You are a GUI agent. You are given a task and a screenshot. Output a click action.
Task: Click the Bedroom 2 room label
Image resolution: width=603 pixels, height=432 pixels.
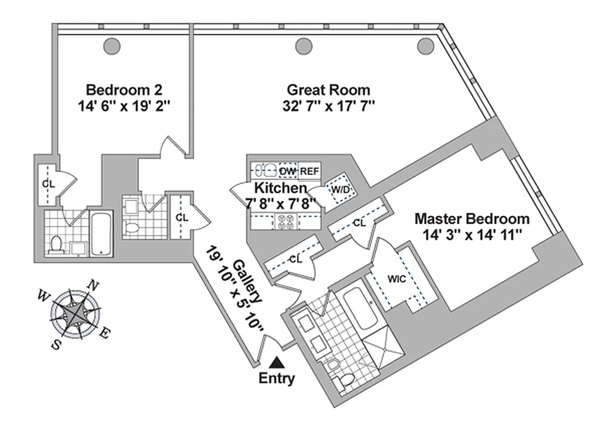coord(124,89)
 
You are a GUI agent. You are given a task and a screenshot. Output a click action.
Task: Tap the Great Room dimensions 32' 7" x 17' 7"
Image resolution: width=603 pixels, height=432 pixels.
coord(329,105)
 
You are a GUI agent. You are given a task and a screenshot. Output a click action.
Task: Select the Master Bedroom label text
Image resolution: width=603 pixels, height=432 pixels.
coord(472,219)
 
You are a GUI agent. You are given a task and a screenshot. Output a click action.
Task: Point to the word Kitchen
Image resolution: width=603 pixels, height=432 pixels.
coord(280,188)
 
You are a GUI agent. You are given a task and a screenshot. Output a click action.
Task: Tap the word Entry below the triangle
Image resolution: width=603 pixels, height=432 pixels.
coord(277,379)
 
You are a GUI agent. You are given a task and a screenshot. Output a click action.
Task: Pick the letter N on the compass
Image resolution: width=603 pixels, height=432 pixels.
coord(93,285)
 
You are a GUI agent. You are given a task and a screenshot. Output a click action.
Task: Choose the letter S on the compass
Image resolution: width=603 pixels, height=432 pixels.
coord(55,345)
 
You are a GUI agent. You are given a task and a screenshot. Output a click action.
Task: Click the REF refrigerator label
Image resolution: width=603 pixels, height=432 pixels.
coord(310,171)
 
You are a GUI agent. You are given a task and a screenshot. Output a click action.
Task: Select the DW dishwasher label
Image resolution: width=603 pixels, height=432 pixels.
coord(287,171)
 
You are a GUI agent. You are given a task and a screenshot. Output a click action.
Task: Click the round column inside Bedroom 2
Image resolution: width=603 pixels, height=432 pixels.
coord(112,46)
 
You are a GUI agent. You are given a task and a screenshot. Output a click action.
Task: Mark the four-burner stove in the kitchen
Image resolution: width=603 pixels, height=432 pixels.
coord(285,220)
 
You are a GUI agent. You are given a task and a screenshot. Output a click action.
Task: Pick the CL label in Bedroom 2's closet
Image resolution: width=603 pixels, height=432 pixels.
coord(49,184)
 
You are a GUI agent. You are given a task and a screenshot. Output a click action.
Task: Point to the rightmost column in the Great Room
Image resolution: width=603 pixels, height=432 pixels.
coord(425,46)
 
